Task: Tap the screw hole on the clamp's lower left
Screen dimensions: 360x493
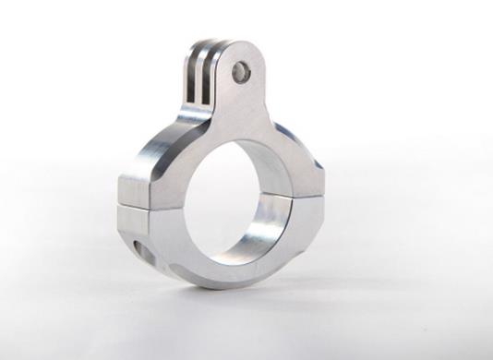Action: click(139, 248)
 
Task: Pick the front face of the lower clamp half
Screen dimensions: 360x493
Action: click(185, 249)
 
